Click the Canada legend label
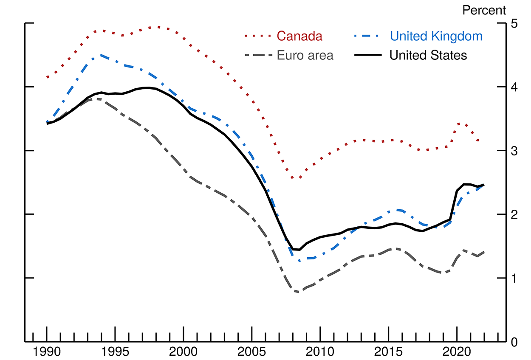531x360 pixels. (299, 37)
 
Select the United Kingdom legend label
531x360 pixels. (436, 37)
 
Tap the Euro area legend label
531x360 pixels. (305, 55)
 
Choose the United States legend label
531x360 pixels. (428, 55)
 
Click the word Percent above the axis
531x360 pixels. (484, 10)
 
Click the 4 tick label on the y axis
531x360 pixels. (514, 87)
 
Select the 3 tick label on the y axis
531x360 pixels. (514, 151)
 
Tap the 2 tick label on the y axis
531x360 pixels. (514, 214)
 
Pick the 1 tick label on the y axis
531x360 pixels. (514, 278)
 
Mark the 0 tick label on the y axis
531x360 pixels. (514, 342)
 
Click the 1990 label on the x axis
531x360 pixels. (47, 352)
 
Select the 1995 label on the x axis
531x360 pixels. (115, 352)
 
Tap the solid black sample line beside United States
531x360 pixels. (370, 55)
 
